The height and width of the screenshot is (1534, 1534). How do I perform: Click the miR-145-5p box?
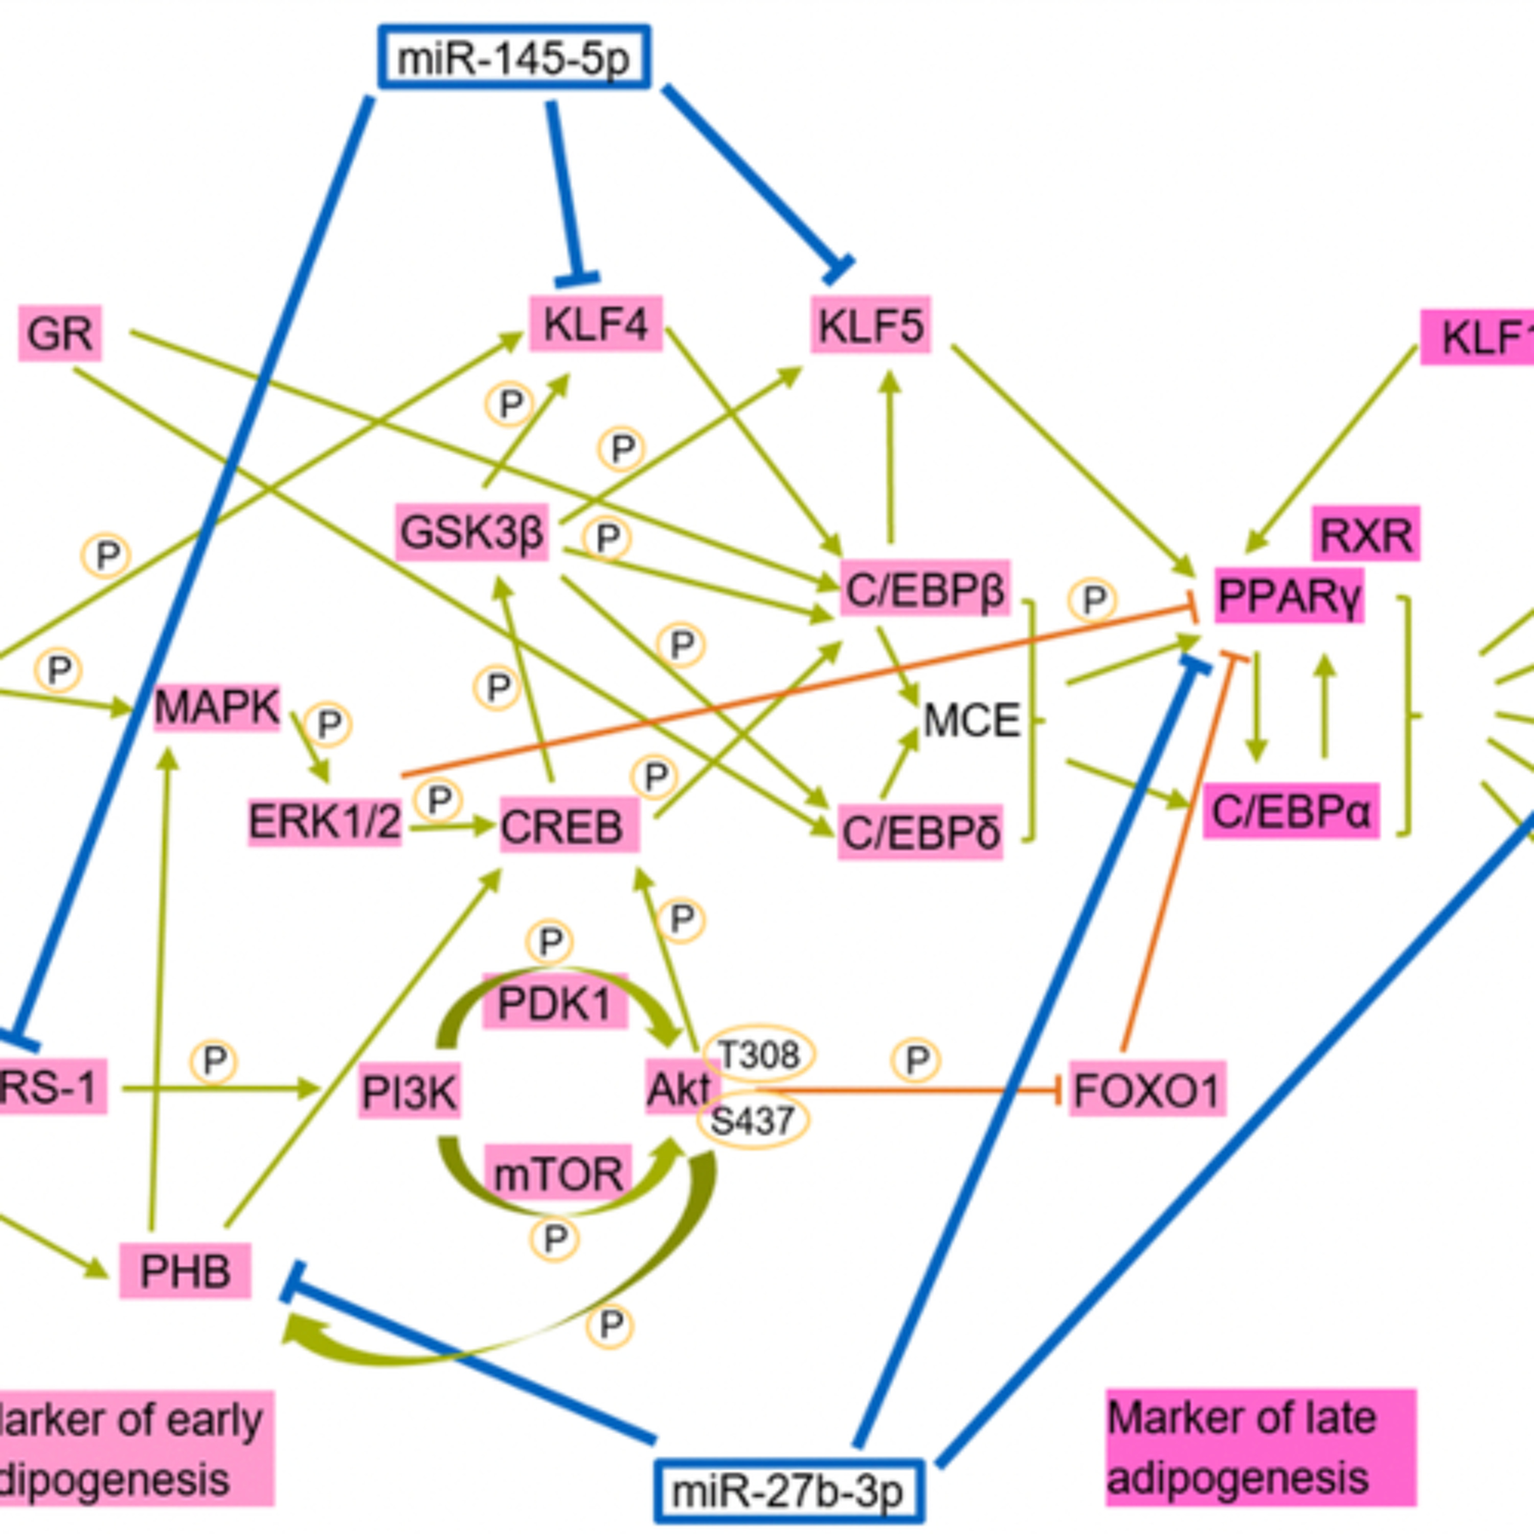click(x=514, y=57)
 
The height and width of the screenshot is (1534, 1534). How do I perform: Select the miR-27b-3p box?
click(x=788, y=1491)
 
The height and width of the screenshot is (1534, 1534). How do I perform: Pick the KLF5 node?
click(x=870, y=325)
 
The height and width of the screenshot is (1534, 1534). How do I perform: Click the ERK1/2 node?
click(x=325, y=821)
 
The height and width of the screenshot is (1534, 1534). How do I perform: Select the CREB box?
click(x=569, y=826)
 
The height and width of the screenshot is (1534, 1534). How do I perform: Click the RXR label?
click(x=1366, y=534)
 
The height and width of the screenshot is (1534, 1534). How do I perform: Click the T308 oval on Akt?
click(x=758, y=1054)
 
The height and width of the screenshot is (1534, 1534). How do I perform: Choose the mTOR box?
click(x=558, y=1174)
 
